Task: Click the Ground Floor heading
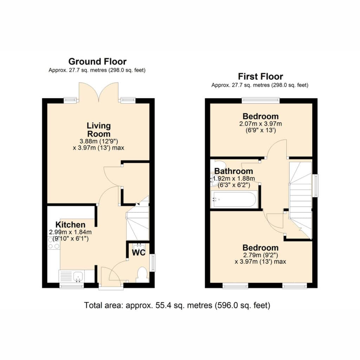pos(97,62)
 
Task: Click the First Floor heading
pos(261,76)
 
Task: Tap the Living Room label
pos(99,130)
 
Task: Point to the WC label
pos(139,252)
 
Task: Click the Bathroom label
pos(234,171)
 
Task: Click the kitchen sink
pos(72,276)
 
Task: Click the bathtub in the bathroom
pos(234,200)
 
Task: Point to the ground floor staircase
pos(138,220)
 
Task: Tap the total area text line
pos(177,306)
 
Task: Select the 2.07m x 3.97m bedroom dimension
pos(261,124)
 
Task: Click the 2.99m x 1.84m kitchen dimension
pos(70,232)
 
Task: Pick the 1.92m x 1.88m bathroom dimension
pos(234,178)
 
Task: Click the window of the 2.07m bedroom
pos(261,100)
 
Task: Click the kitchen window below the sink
pos(72,285)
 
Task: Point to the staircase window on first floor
pos(316,186)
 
